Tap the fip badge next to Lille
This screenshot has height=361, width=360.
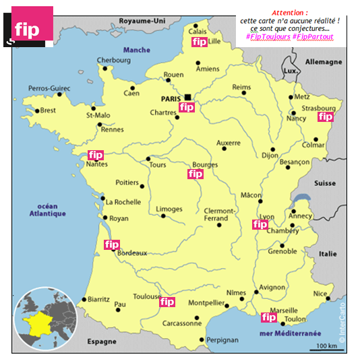(199, 42)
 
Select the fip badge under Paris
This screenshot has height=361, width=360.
(187, 107)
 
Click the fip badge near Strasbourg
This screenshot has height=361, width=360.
(326, 117)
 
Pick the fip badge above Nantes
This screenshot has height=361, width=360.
(96, 155)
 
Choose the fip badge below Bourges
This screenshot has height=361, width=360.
(196, 174)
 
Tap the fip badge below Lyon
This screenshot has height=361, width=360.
(260, 224)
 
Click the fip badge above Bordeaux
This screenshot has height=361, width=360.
(111, 244)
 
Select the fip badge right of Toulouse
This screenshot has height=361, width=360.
(167, 302)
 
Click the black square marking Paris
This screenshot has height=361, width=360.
(187, 96)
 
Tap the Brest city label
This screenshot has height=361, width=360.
(48, 110)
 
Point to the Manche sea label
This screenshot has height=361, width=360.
(137, 51)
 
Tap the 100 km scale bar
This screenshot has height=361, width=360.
(326, 348)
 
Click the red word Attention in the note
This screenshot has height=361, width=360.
(290, 13)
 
